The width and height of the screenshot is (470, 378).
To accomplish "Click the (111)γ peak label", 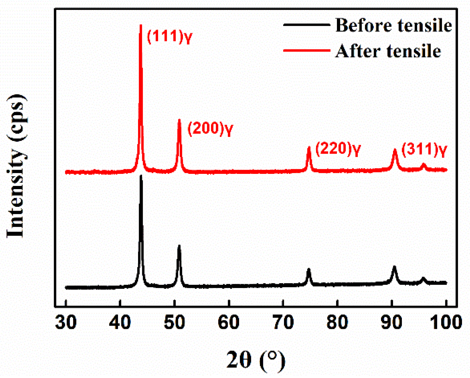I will pos(169,37).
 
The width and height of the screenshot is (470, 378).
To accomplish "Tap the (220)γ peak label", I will pos(338,149).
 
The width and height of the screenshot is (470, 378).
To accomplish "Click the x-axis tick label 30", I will pos(66,322).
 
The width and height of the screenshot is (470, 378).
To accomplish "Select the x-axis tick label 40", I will pos(120,322).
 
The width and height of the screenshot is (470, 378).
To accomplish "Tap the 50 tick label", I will pos(174,322).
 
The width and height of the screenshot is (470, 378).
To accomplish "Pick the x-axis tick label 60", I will pos(229,322).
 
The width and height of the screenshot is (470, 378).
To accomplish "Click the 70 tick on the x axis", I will pos(283,322).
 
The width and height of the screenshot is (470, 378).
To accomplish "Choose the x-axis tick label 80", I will pos(337,322).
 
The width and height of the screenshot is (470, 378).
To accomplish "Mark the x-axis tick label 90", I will pos(392,322).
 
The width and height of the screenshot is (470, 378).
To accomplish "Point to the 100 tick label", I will pos(446,322).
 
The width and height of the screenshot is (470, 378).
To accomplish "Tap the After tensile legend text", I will pos(388,51).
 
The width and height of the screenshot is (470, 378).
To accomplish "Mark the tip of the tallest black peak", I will pos(141,176).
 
